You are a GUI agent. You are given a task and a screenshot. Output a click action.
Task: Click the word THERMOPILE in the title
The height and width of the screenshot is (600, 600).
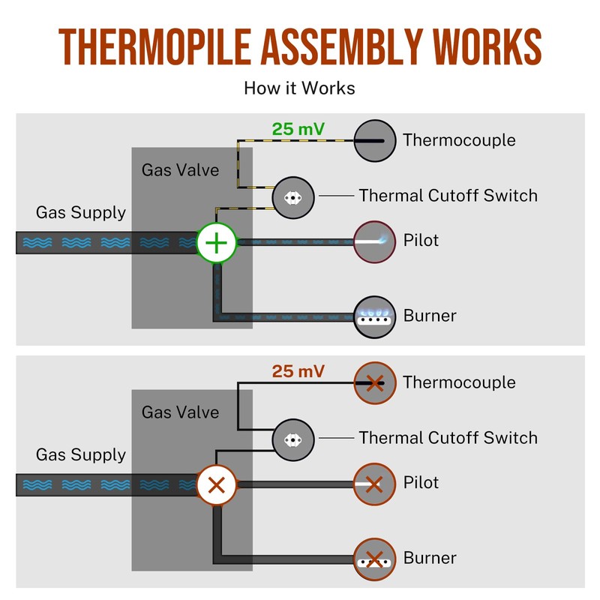click(x=155, y=46)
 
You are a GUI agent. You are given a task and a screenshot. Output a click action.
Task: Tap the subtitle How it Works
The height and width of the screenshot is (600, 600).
click(x=299, y=88)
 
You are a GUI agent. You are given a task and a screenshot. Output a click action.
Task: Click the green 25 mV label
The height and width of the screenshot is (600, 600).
click(x=298, y=129)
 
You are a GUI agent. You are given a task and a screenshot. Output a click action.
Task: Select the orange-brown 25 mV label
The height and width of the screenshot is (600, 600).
click(x=298, y=371)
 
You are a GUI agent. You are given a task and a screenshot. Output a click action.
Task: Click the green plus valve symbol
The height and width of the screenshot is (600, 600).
click(x=217, y=243)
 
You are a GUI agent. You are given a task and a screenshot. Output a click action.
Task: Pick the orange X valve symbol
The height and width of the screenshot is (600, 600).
click(x=217, y=485)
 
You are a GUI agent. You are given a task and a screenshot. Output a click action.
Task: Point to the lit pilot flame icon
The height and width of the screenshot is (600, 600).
click(x=374, y=241)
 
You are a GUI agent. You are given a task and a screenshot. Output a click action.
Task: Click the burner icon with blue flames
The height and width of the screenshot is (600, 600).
click(x=374, y=316)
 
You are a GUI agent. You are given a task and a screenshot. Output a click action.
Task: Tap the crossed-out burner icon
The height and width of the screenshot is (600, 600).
click(x=374, y=559)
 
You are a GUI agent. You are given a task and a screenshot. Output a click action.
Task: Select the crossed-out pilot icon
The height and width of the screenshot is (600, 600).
click(x=374, y=484)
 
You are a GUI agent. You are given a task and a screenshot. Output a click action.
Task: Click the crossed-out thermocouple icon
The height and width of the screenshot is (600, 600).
click(x=374, y=383)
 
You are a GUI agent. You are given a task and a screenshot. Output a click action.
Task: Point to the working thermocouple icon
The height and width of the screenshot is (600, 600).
click(x=374, y=141)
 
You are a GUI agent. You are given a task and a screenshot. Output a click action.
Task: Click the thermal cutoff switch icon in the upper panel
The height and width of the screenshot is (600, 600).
click(x=293, y=198)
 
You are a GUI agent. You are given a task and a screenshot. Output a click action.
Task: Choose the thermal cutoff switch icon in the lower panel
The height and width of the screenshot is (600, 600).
click(x=293, y=440)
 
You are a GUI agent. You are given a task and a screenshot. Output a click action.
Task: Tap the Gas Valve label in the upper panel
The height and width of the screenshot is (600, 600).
click(x=180, y=170)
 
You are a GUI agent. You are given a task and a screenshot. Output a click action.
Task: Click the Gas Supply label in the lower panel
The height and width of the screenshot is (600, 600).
click(x=81, y=455)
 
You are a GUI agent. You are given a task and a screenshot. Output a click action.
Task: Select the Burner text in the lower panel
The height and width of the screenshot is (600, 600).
click(x=430, y=558)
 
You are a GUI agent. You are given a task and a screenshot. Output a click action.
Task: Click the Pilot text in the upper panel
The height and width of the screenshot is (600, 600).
click(x=421, y=240)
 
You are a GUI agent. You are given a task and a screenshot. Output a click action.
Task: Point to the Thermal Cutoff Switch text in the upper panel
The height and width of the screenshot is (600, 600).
click(x=448, y=196)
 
